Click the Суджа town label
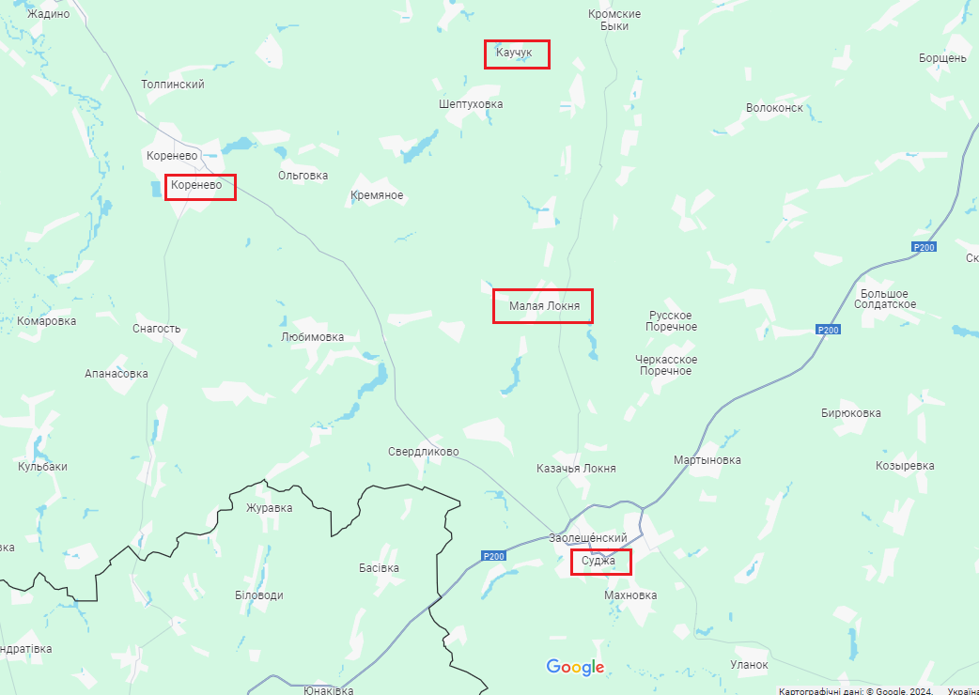[x=598, y=561]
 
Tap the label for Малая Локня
[x=542, y=306]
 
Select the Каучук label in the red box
[x=515, y=53]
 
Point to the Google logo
[x=575, y=667]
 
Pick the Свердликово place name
[x=424, y=452]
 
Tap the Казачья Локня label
[x=576, y=469]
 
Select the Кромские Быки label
[x=614, y=20]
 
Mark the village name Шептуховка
[x=471, y=104]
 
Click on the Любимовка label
[x=313, y=337]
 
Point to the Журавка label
[x=270, y=508]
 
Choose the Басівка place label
[x=380, y=568]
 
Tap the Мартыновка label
[x=707, y=460]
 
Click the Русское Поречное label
[x=672, y=321]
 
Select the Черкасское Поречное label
[x=666, y=365]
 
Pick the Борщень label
[x=943, y=58]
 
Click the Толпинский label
[x=173, y=85]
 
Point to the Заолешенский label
[x=588, y=538]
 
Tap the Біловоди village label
[x=259, y=595]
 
